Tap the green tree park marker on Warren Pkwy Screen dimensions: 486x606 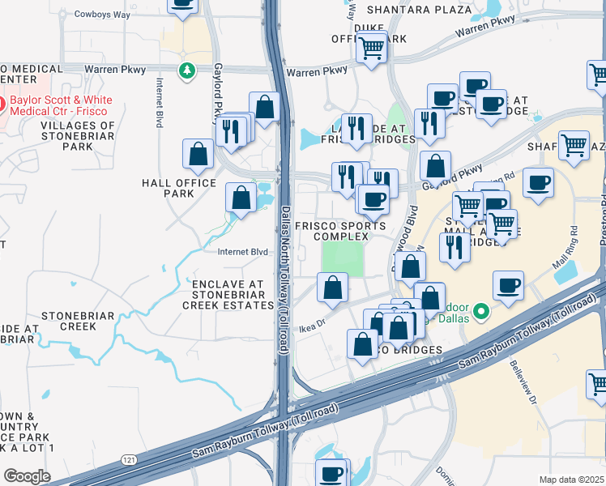[x=188, y=71]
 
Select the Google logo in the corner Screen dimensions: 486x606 [x=27, y=475]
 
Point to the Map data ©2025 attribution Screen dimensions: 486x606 [x=571, y=480]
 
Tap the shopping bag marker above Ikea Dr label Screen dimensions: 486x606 [x=331, y=287]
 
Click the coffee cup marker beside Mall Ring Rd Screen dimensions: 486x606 [x=508, y=285]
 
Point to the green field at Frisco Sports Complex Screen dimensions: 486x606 [x=343, y=258]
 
